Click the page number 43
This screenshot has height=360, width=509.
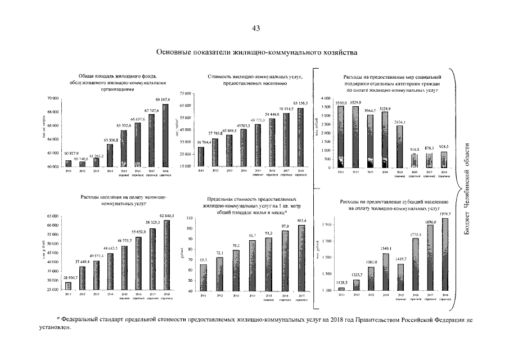[x=255, y=29]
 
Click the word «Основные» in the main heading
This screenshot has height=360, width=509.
[x=175, y=53]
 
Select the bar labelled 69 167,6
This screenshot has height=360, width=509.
[x=165, y=135]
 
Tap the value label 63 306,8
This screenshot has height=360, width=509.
[x=110, y=139]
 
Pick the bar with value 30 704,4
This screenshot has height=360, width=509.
[x=201, y=157]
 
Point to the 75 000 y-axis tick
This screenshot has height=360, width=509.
[x=186, y=93]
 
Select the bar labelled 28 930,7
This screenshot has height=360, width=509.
[x=69, y=286]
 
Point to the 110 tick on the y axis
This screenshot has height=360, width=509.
[x=190, y=218]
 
